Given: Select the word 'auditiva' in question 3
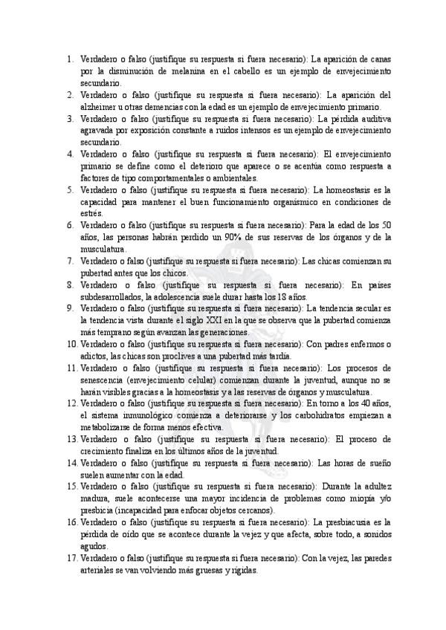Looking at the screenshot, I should [374, 118].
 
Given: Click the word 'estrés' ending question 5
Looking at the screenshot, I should [91, 213].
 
